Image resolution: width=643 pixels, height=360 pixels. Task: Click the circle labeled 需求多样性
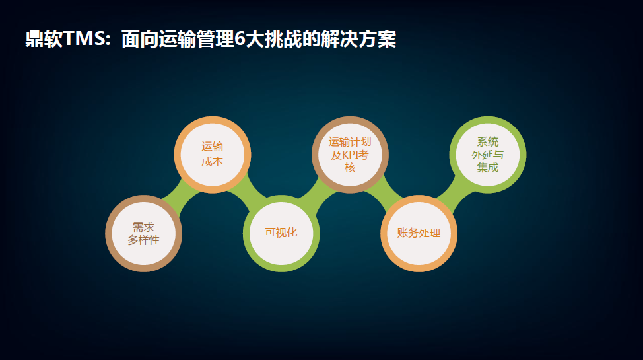pos(143,234)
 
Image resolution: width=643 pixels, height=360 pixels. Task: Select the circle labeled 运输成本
pos(213,155)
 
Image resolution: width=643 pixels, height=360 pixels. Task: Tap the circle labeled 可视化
pos(281,234)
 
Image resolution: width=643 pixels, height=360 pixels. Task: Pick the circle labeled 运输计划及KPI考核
pos(350,155)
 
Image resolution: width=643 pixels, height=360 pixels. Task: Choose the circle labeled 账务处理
pos(419,234)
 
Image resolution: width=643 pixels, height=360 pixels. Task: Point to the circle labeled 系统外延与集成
pos(488,155)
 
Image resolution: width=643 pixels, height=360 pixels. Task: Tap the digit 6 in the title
pos(240,39)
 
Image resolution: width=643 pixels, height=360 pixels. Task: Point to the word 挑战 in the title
pos(283,39)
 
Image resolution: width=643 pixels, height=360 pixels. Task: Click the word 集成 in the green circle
pos(488,168)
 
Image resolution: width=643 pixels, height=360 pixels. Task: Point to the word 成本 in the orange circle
pos(213,161)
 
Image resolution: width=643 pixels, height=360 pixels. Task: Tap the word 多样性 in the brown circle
pos(143,240)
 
